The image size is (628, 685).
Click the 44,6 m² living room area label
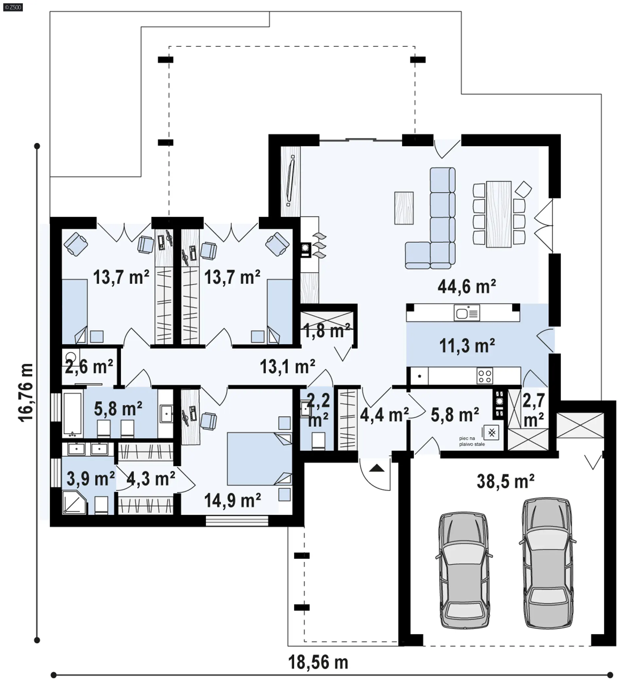click(466, 287)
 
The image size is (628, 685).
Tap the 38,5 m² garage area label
click(505, 481)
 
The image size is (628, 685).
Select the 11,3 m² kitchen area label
click(467, 346)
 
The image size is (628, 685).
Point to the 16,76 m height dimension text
click(26, 393)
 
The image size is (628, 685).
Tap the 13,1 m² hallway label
click(288, 367)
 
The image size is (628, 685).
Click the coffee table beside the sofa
click(404, 208)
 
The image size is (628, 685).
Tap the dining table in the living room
click(499, 214)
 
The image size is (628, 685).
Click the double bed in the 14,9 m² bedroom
click(259, 459)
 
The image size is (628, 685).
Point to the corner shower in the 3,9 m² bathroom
click(75, 502)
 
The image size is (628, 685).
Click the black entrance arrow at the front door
click(376, 468)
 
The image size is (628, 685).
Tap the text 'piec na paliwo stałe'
click(472, 441)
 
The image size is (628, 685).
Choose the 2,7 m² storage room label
click(533, 410)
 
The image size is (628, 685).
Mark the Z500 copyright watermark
click(13, 7)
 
